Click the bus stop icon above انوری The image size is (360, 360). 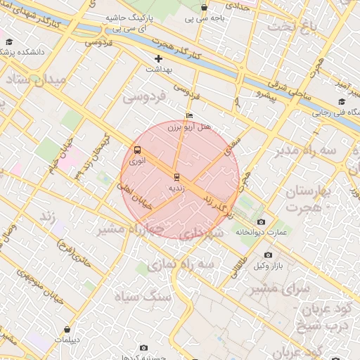pos(136,150)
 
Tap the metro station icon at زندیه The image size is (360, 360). pos(176,177)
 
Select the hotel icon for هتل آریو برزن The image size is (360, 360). pos(189,116)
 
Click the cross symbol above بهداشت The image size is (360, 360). pos(159,59)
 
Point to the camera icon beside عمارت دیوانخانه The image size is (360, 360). pos(262,222)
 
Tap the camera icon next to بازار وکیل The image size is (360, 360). pos(267,255)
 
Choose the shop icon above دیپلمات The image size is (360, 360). pos(67,329)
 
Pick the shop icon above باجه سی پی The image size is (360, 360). pos(204,8)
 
